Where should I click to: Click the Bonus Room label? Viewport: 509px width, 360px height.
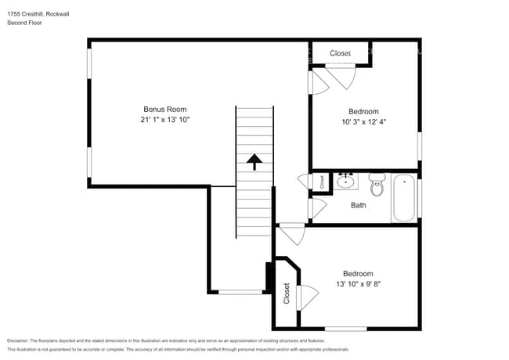tap(164, 109)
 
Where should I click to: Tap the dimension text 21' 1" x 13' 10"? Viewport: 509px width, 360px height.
tap(164, 120)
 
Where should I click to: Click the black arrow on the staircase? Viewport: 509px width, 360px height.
tap(254, 161)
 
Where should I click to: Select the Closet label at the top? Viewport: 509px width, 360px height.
tap(340, 53)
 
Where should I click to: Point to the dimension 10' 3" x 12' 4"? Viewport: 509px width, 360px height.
tap(363, 122)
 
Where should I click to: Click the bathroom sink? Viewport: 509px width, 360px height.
tap(345, 182)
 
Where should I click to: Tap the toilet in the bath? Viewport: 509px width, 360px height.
tap(377, 186)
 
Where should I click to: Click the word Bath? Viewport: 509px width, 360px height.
tap(358, 206)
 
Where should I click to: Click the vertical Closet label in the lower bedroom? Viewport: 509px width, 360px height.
tap(287, 294)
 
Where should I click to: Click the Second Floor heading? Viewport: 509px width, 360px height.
tap(24, 23)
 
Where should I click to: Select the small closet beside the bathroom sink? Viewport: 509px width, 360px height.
tap(322, 182)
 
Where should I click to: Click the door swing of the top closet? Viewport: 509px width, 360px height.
tap(342, 77)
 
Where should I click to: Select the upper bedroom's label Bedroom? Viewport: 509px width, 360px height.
tap(363, 111)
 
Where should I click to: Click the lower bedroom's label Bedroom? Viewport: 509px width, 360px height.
tap(357, 273)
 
